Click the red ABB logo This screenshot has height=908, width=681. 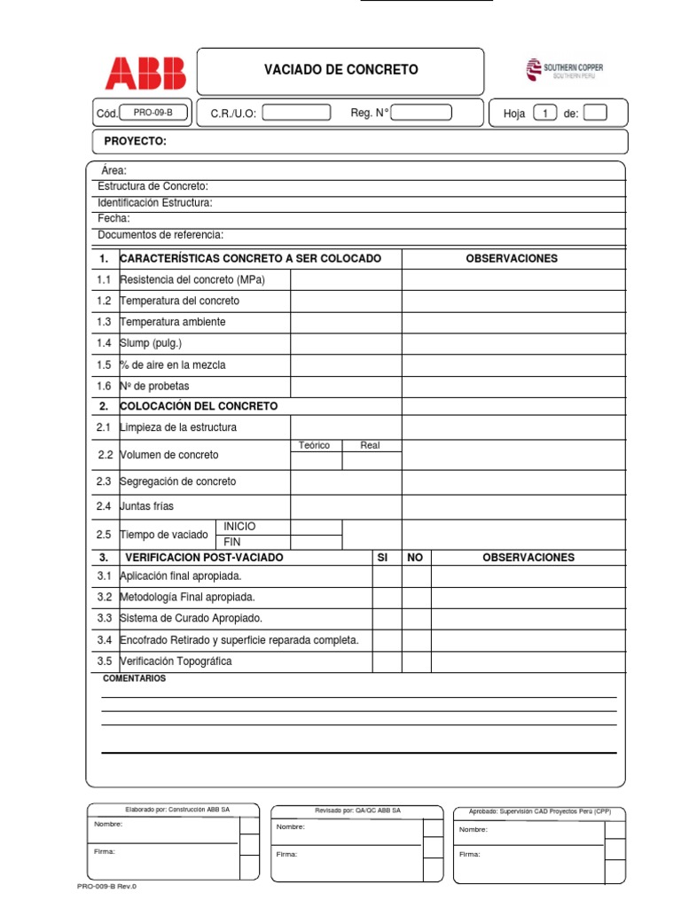coord(145,74)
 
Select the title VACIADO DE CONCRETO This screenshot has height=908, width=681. coord(340,70)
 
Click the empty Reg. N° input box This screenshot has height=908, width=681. coord(421,113)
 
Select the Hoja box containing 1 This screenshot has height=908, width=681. coord(545,113)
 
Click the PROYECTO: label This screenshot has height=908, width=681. coord(135,142)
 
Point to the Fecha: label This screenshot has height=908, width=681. coord(113,218)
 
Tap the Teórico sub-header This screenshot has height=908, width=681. coord(315,445)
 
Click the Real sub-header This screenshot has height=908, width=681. coord(371,445)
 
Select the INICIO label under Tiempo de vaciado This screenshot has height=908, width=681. coord(239,527)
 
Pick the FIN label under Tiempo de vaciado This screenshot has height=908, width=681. coord(232,542)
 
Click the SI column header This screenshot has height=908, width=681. coord(383,558)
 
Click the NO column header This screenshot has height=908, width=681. coord(415,558)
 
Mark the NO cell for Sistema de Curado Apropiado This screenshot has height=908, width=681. coord(416,618)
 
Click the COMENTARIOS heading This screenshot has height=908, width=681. coord(135,678)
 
